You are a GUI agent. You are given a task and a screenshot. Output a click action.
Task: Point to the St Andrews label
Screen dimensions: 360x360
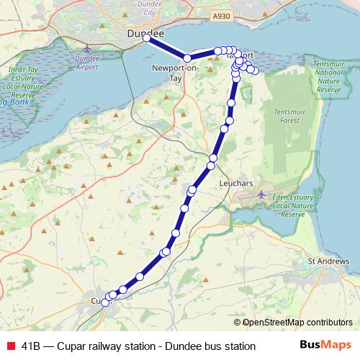(323, 261)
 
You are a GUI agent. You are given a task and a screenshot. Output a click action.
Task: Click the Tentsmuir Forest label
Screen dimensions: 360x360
(290, 118)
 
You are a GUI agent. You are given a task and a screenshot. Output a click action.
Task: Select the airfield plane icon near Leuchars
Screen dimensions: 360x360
(262, 194)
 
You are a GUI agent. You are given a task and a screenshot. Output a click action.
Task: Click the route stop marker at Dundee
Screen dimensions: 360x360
(146, 38)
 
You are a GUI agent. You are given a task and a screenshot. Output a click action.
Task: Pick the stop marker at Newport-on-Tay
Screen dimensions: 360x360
(187, 58)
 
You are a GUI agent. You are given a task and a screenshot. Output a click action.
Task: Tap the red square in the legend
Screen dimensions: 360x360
(11, 346)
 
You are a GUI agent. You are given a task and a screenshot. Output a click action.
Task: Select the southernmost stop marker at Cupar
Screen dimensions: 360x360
(105, 303)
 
